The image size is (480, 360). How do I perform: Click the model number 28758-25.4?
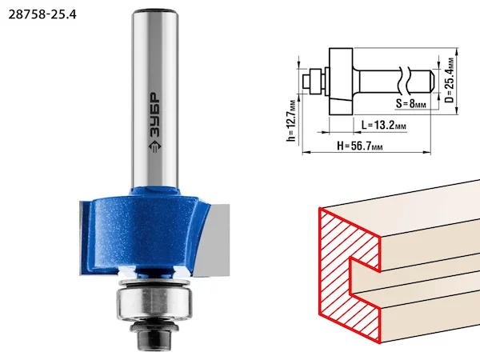click(x=42, y=14)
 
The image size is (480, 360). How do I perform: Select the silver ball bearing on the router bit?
click(x=154, y=303)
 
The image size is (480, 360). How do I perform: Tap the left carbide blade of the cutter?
click(x=84, y=238)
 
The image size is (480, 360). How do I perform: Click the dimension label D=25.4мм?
click(x=449, y=80)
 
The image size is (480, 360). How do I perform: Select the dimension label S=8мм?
click(x=410, y=103)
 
